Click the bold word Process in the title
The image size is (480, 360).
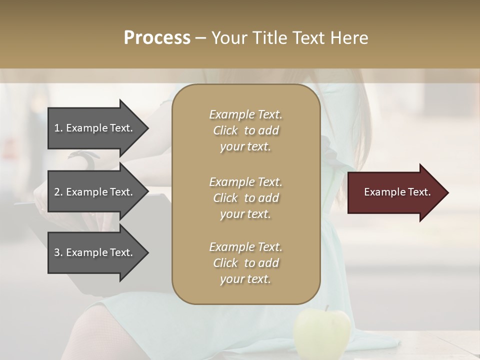click(x=157, y=38)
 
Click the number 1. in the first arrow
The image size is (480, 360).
click(x=58, y=128)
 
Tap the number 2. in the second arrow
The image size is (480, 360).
click(x=58, y=192)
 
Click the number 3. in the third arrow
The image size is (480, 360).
click(x=58, y=252)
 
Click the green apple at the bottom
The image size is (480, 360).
click(x=322, y=333)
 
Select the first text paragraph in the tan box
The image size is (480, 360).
click(x=245, y=130)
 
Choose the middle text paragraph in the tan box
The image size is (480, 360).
click(x=245, y=198)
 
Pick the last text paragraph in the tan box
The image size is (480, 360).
click(x=245, y=263)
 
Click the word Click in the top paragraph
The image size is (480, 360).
click(x=225, y=130)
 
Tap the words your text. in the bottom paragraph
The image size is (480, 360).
click(x=245, y=279)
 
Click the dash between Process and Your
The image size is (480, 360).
click(x=201, y=38)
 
